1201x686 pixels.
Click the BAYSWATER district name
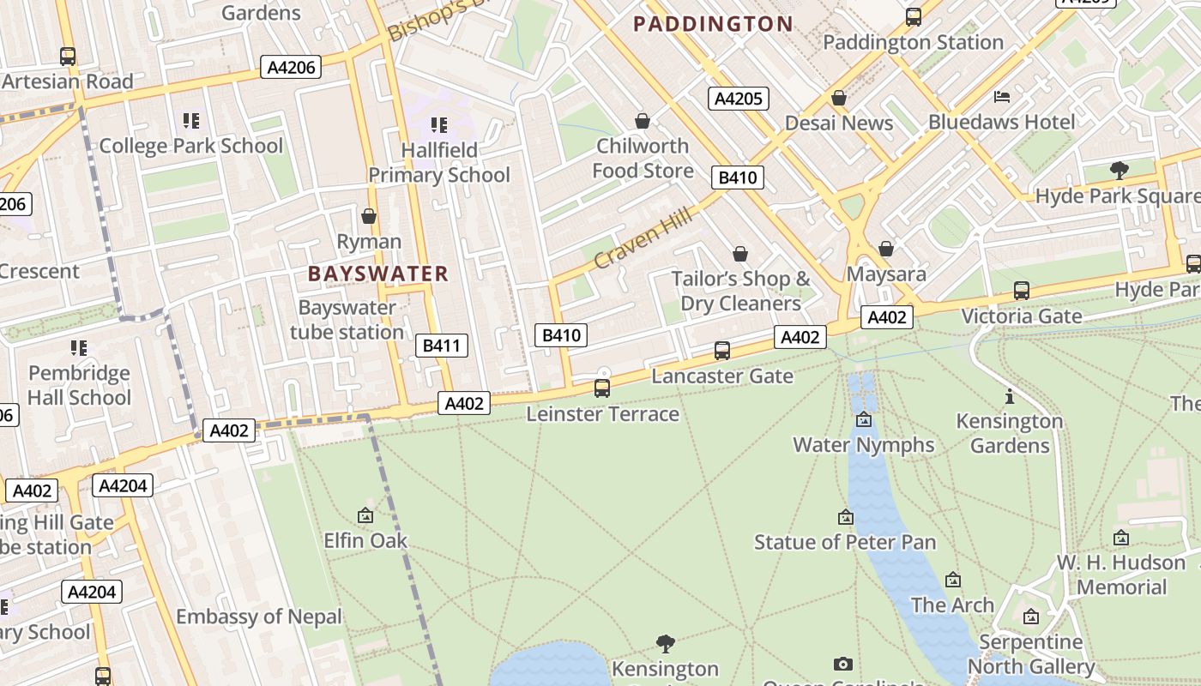pyautogui.click(x=378, y=274)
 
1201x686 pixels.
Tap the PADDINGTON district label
pyautogui.click(x=713, y=24)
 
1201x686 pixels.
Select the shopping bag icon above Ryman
pyautogui.click(x=369, y=216)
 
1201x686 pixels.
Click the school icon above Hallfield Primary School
pyautogui.click(x=439, y=125)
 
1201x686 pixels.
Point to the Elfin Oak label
pyautogui.click(x=365, y=541)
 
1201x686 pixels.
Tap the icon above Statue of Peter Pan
pyautogui.click(x=845, y=517)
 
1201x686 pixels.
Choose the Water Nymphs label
pyautogui.click(x=863, y=445)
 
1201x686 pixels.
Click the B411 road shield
pyautogui.click(x=442, y=346)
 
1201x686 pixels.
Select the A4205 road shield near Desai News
pyautogui.click(x=738, y=99)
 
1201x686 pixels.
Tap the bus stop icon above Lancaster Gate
pyautogui.click(x=722, y=351)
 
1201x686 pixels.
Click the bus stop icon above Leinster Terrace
pyautogui.click(x=602, y=388)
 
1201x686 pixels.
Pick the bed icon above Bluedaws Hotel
pyautogui.click(x=1001, y=97)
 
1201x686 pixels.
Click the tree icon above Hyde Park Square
pyautogui.click(x=1119, y=171)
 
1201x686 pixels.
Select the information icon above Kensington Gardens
pyautogui.click(x=1010, y=396)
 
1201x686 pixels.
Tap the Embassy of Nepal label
pyautogui.click(x=259, y=617)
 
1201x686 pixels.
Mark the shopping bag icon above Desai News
pyautogui.click(x=839, y=99)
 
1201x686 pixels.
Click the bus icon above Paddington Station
pyautogui.click(x=914, y=16)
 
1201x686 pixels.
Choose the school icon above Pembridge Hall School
pyautogui.click(x=79, y=348)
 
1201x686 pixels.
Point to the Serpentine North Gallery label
pyautogui.click(x=1031, y=654)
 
